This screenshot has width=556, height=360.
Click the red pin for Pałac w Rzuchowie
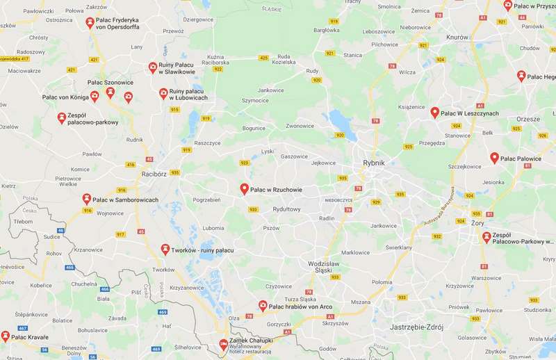click(x=244, y=188)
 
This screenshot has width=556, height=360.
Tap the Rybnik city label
click(x=373, y=163)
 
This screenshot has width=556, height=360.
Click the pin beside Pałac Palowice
click(x=494, y=158)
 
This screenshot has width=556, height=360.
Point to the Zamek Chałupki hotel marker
click(x=223, y=343)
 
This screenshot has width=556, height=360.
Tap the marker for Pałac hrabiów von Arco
click(x=263, y=305)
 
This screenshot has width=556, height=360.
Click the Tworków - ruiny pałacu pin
click(x=165, y=249)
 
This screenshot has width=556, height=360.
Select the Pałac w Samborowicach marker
click(x=87, y=199)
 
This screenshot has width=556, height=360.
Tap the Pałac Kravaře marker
click(x=6, y=336)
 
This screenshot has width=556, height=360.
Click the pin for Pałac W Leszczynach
click(x=434, y=112)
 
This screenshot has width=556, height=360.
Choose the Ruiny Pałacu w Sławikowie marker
click(x=153, y=67)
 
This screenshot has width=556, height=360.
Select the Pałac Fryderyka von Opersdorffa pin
click(x=90, y=23)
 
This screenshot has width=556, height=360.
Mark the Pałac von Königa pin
click(x=95, y=97)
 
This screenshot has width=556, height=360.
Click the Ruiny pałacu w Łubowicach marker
click(x=163, y=92)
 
